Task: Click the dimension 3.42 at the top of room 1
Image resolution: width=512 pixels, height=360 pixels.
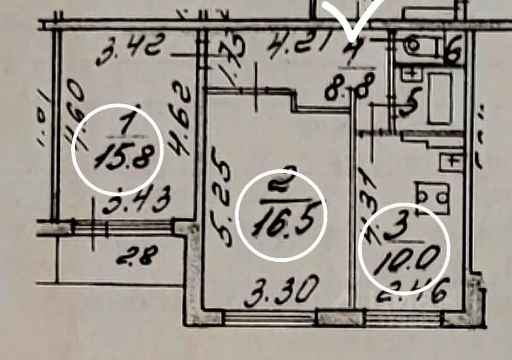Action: coord(131,50)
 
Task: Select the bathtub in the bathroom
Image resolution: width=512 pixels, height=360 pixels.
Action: coord(439,98)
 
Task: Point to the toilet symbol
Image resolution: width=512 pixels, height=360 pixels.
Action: coord(415,45)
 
